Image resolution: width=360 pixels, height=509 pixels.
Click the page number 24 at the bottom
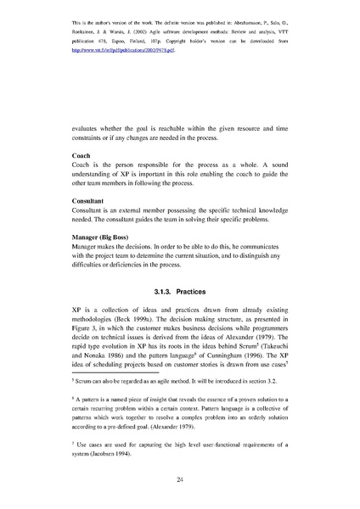[x=180, y=480]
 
